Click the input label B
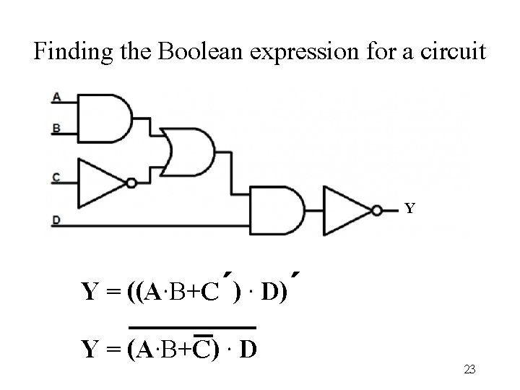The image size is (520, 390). [56, 129]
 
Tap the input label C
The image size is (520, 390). [56, 176]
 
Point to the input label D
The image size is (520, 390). [56, 220]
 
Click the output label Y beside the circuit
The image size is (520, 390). [409, 209]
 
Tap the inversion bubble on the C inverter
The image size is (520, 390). [131, 183]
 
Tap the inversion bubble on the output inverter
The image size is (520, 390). [377, 209]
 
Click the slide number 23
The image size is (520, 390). [469, 369]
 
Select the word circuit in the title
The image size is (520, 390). [453, 52]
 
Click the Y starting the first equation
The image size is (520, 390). [91, 292]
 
